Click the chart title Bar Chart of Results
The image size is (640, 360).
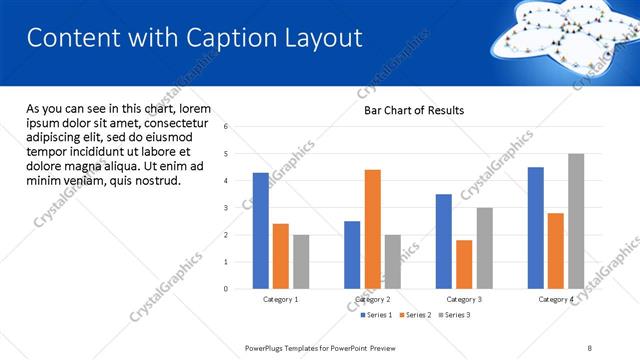point(414,111)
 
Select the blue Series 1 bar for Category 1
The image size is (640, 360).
point(261,230)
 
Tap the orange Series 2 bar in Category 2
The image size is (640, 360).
point(373,229)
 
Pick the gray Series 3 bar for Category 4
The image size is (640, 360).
point(576,221)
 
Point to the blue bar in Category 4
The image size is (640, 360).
point(536,228)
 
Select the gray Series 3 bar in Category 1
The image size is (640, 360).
point(301,261)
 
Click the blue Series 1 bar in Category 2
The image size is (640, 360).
point(352,255)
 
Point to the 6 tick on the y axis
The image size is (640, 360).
point(226,127)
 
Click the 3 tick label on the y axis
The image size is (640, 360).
point(226,208)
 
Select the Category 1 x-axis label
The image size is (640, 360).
point(281,299)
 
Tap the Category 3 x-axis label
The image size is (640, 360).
point(464,299)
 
